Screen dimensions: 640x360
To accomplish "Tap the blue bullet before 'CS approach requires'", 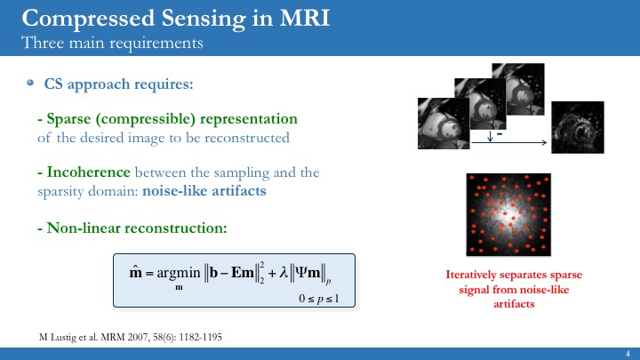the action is [30, 83].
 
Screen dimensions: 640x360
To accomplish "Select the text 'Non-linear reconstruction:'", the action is [132, 228].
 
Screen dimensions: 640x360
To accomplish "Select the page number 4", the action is [628, 353].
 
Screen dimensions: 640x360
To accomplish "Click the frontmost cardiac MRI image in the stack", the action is [444, 123].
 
